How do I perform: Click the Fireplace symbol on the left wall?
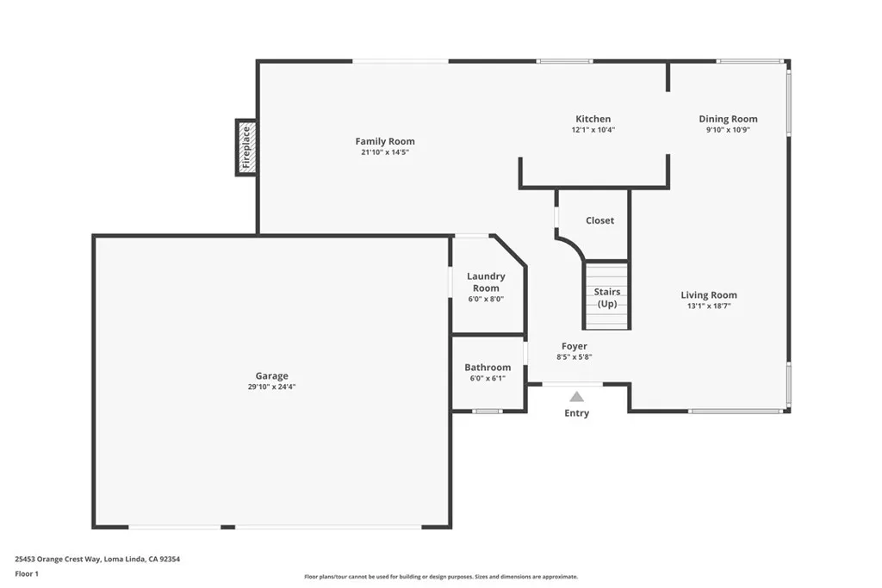(245, 147)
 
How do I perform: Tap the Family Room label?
(385, 141)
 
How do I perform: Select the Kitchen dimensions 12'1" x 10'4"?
(593, 130)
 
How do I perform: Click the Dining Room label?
(728, 119)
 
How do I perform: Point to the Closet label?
(599, 220)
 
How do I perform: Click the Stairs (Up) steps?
(607, 296)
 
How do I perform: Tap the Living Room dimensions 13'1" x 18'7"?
(708, 306)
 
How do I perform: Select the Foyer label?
(574, 346)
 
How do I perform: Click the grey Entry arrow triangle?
(576, 396)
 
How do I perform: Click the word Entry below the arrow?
(576, 413)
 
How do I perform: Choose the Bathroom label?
(488, 367)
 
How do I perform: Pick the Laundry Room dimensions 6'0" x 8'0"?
(486, 300)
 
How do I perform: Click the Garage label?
(271, 375)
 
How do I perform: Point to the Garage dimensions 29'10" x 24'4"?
(271, 387)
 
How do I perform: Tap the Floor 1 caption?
(27, 573)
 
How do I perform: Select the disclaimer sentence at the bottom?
(440, 577)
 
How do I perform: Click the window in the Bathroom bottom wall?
(488, 411)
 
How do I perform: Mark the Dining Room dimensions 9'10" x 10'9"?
(728, 130)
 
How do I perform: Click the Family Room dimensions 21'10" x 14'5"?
(385, 152)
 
